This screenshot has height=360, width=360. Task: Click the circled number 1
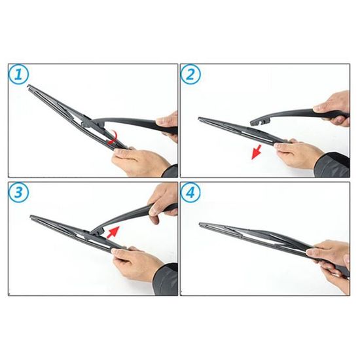click(18, 75)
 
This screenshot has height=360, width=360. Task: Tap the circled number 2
click(190, 75)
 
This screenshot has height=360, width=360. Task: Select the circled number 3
click(18, 192)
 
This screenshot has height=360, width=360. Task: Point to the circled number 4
click(190, 192)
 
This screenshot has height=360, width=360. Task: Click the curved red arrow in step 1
click(113, 137)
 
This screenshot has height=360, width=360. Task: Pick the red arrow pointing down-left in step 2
click(256, 152)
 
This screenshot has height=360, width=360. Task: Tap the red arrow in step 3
click(113, 232)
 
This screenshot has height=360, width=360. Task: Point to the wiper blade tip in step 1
click(28, 86)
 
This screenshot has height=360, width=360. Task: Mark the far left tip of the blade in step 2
click(199, 118)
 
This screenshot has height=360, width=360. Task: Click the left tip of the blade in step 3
click(31, 217)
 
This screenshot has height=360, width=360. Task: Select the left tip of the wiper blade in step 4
click(200, 224)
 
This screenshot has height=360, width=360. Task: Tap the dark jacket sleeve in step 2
click(333, 164)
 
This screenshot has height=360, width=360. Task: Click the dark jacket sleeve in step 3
click(166, 279)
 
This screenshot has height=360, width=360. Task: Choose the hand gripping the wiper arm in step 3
click(162, 202)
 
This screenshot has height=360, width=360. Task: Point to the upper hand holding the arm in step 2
click(333, 107)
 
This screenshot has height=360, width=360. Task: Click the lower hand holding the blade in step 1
click(141, 161)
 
